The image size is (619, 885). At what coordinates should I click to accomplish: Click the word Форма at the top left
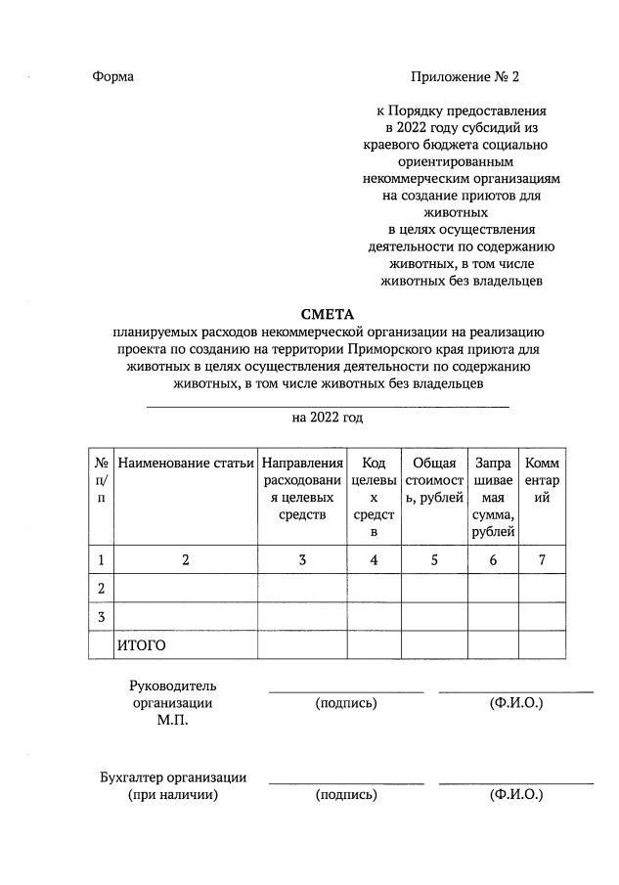pos(112,76)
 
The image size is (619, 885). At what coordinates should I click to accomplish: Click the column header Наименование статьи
pos(186,463)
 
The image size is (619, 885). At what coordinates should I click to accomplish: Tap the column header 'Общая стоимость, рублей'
pos(434,480)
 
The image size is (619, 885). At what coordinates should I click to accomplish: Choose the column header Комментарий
pos(542,480)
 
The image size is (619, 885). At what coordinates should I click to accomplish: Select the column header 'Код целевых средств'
pos(373,497)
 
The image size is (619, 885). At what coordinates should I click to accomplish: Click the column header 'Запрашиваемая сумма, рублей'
pos(493,497)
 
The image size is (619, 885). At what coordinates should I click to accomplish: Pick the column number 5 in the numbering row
pos(434,559)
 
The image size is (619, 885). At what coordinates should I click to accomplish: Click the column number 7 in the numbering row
pos(542,559)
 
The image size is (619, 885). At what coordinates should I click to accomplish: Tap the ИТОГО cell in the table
pos(141,645)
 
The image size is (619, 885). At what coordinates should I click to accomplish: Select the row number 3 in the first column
pos(101,617)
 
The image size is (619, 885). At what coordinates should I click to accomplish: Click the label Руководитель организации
pos(172,694)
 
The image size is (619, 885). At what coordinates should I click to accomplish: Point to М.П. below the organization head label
pos(172,721)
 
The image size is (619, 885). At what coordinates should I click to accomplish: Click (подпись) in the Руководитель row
pos(346,703)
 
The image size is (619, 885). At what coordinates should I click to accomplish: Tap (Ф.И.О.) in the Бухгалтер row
pos(516,795)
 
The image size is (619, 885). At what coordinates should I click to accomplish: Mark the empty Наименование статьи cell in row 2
pos(186,588)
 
